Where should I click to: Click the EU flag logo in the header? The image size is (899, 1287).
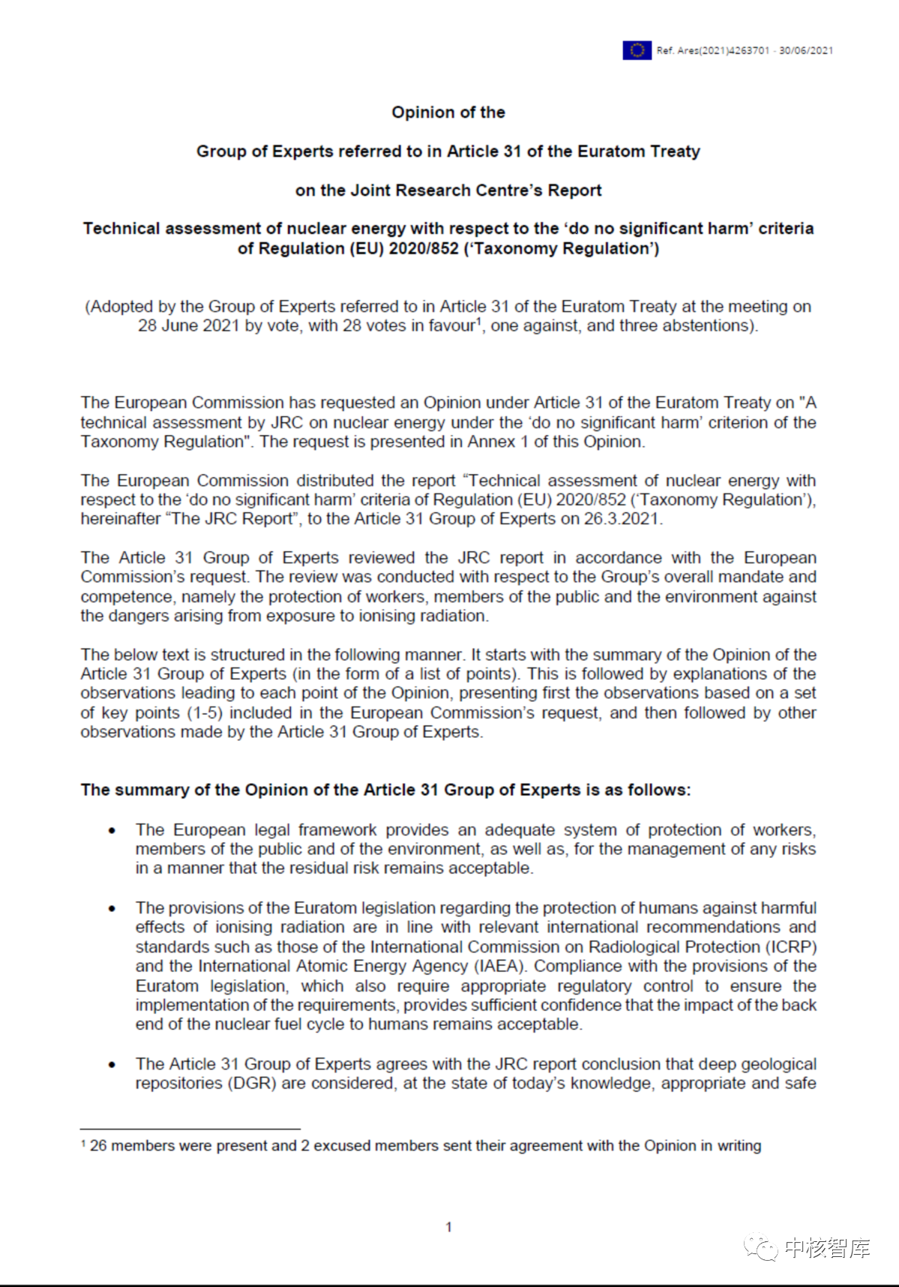(x=637, y=50)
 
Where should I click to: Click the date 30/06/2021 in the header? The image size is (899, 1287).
(x=806, y=50)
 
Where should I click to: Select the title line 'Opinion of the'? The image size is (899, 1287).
(x=448, y=112)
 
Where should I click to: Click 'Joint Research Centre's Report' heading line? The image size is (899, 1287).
(x=448, y=190)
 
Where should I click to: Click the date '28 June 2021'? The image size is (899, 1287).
(x=188, y=326)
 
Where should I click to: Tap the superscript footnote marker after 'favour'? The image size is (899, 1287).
(x=478, y=321)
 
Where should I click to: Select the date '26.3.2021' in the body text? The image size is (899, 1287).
(x=623, y=519)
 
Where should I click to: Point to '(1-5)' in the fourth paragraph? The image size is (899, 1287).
(x=204, y=712)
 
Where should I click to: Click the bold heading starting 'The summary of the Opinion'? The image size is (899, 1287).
(x=385, y=790)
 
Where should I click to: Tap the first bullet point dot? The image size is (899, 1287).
(x=112, y=830)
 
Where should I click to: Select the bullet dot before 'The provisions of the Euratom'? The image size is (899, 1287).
(x=112, y=908)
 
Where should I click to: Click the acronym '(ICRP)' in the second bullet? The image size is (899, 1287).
(x=792, y=947)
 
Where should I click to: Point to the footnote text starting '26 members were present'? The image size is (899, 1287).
(x=424, y=1146)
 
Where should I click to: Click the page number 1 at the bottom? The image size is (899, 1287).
(x=448, y=1227)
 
